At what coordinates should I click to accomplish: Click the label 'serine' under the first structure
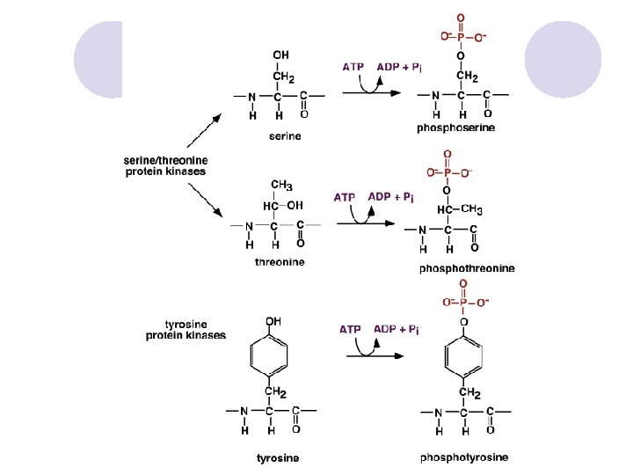(284, 135)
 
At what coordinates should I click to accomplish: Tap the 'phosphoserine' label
(455, 128)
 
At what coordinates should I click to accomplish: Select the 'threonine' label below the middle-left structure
(280, 261)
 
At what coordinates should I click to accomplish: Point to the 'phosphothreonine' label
(467, 267)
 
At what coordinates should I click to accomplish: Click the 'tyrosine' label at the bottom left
(277, 457)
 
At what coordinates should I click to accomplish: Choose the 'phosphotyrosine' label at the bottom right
(463, 457)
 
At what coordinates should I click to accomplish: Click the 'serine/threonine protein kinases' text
(165, 165)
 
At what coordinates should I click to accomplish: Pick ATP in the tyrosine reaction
(351, 329)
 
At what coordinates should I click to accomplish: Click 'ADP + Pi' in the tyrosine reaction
(396, 329)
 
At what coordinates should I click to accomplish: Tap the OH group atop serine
(280, 55)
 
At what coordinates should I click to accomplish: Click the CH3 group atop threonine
(281, 185)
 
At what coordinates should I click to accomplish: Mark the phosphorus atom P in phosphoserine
(460, 37)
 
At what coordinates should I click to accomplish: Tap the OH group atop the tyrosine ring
(273, 322)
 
